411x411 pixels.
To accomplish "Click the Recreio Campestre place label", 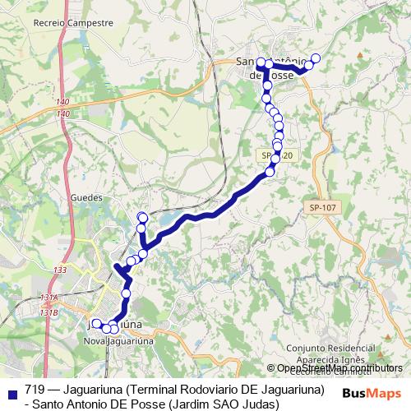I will coord(73,23).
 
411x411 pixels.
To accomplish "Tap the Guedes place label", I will coord(86,197).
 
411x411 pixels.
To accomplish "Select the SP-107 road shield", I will coord(324,208).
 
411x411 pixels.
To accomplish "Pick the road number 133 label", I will coord(59,270).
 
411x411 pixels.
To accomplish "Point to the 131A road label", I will coord(48,298).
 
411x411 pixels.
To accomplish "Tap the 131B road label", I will coord(48,312).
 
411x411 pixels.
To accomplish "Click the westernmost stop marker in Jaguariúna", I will coord(96,324).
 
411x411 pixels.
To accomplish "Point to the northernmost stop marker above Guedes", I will coord(142,217).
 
